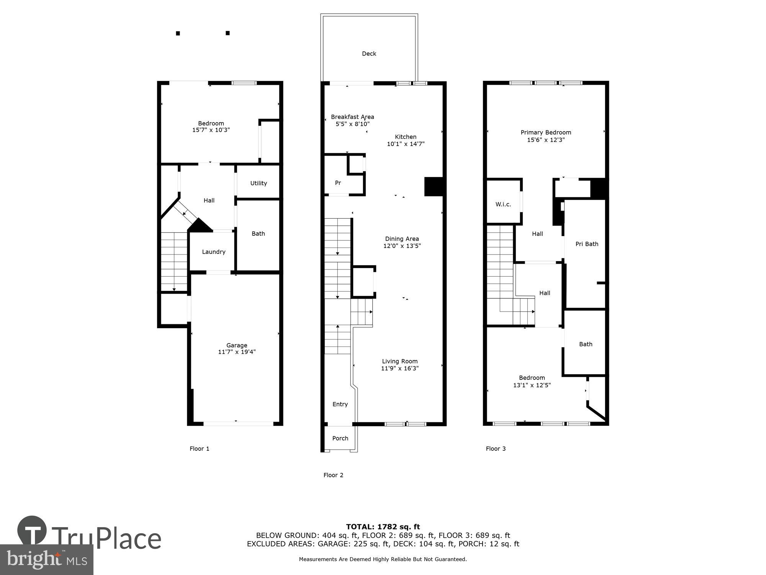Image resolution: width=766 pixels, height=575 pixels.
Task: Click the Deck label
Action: coord(369,54)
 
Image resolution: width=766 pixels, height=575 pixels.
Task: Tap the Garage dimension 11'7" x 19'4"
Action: coord(237,352)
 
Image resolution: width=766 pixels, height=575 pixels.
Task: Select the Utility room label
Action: coord(259,183)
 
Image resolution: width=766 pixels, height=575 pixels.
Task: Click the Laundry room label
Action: coord(213,252)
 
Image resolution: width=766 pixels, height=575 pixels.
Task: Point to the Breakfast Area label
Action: coord(352,117)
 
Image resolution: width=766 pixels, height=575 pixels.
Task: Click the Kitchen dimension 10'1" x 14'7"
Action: coord(406,144)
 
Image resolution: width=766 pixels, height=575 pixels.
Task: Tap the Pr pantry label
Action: coord(338,183)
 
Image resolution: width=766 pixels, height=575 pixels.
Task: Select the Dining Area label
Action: coord(402,239)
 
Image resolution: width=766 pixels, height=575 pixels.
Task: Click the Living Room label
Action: coord(399,361)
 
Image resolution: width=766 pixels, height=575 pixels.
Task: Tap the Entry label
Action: coord(340,404)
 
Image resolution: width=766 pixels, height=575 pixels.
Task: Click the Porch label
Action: coord(340,438)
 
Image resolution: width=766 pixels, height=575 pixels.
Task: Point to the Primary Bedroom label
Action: coord(546,133)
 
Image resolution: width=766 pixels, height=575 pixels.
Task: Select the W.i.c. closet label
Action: coord(503,204)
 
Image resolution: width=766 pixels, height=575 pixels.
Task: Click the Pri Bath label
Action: coord(586,244)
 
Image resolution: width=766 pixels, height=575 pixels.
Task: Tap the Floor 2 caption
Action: coord(333,475)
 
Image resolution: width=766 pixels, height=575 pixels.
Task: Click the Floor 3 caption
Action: coord(496,449)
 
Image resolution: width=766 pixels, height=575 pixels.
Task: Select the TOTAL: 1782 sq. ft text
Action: coord(383,527)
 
